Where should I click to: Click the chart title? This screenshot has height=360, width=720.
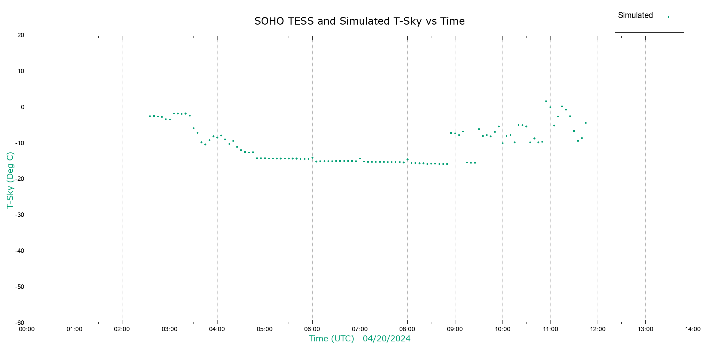359,21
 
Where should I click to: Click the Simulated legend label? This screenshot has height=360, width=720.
635,15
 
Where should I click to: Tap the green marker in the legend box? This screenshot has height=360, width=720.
668,17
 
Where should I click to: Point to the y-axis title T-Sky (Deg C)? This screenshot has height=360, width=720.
10,180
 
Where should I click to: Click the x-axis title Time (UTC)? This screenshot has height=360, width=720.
331,339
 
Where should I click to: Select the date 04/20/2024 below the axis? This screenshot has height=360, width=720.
386,339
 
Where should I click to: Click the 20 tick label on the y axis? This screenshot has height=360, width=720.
21,35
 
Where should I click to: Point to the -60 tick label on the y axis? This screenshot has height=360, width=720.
20,323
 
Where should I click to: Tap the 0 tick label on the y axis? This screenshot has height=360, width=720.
22,107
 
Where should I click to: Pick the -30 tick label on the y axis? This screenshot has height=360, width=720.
20,215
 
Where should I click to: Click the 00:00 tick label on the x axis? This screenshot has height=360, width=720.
27,329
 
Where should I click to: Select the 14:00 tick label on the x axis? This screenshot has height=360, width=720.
693,329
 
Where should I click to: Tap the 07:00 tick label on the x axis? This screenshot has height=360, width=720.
360,329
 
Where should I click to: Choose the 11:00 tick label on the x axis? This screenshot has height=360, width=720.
550,329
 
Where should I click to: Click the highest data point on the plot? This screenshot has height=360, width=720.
546,101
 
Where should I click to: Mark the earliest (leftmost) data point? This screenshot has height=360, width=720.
150,116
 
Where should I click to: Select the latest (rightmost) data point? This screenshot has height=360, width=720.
586,123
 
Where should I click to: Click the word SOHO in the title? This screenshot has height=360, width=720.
269,21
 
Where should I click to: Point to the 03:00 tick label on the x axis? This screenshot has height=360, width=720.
169,329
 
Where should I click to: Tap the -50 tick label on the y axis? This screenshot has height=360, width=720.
20,287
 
